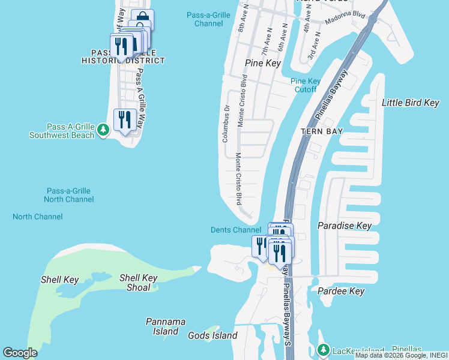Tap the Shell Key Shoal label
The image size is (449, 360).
(x=139, y=282)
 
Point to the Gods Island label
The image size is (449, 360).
(x=212, y=336)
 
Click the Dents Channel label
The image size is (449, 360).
(x=236, y=230)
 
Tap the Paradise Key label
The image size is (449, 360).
(x=345, y=226)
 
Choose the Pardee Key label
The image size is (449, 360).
(x=341, y=291)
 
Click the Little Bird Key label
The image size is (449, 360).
(x=411, y=103)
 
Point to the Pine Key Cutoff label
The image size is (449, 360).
(x=305, y=85)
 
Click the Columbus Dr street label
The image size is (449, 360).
(x=226, y=124)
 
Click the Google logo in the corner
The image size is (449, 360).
(x=20, y=353)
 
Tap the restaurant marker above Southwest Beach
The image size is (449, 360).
(x=124, y=119)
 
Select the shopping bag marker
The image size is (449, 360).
(x=143, y=19)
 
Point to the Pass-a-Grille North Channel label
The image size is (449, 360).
(x=67, y=195)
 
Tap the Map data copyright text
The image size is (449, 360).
(x=401, y=355)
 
